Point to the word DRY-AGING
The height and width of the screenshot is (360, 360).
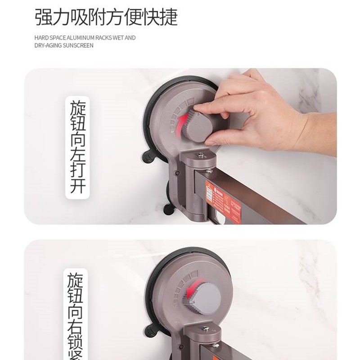(x=48, y=45)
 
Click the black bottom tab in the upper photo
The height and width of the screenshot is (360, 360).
(x=169, y=208)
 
